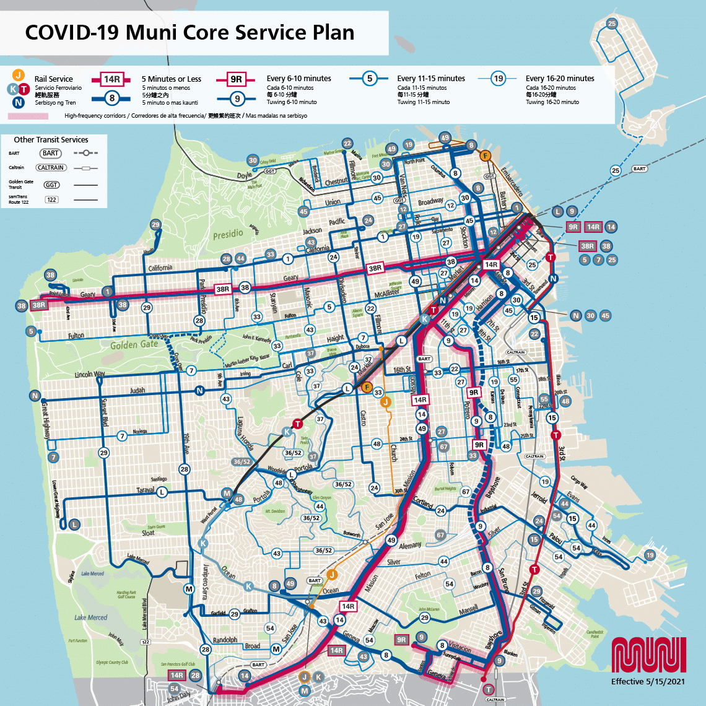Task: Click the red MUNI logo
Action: pos(648,655)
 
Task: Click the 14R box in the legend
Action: pos(112,79)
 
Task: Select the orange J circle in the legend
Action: pos(19,75)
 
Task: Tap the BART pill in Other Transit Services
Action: pos(51,153)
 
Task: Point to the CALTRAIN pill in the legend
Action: pos(51,167)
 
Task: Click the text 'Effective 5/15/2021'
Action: pos(648,681)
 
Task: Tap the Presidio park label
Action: pos(228,235)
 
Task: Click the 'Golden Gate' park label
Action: pos(134,344)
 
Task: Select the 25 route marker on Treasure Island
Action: pos(612,24)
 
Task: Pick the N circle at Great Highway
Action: pos(35,396)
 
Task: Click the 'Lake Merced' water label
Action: pos(91,617)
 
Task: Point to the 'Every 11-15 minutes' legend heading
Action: pos(431,79)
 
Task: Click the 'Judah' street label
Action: pos(137,391)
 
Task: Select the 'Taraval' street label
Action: pos(146,490)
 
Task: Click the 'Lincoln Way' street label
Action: pos(90,374)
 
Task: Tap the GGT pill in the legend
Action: pos(51,185)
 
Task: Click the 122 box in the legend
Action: pos(51,199)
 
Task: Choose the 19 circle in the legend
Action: pos(498,79)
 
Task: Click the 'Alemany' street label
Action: pos(409,546)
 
